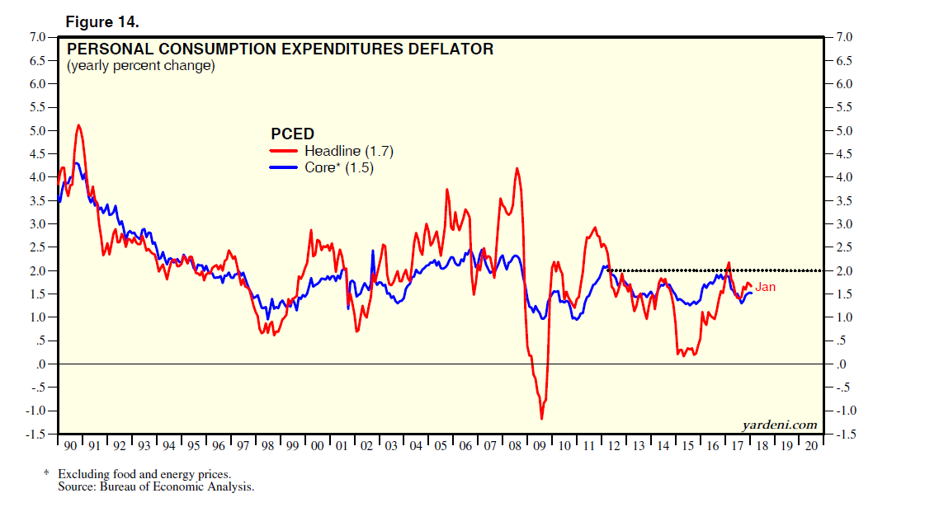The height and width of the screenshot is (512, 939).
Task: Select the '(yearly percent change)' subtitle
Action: (140, 65)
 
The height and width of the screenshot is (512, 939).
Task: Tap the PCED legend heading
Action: (292, 134)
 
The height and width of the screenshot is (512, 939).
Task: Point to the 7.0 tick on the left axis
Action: (38, 37)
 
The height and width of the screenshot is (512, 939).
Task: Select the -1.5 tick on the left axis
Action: (36, 434)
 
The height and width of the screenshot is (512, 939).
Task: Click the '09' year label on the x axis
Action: (540, 445)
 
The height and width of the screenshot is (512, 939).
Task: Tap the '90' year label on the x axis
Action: (70, 445)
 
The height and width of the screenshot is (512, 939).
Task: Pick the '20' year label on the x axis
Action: (812, 445)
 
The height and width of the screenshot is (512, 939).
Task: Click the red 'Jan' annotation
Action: (766, 287)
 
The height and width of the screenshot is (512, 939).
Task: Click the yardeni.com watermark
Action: (780, 425)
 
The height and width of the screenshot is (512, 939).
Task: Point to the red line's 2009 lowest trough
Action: (542, 419)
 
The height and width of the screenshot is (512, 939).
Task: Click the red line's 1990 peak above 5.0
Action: (78, 125)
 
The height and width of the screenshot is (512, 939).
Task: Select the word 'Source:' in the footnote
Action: (75, 487)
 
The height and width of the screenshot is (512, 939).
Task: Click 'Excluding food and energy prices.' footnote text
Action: (144, 474)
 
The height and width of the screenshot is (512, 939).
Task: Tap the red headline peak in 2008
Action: (517, 168)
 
